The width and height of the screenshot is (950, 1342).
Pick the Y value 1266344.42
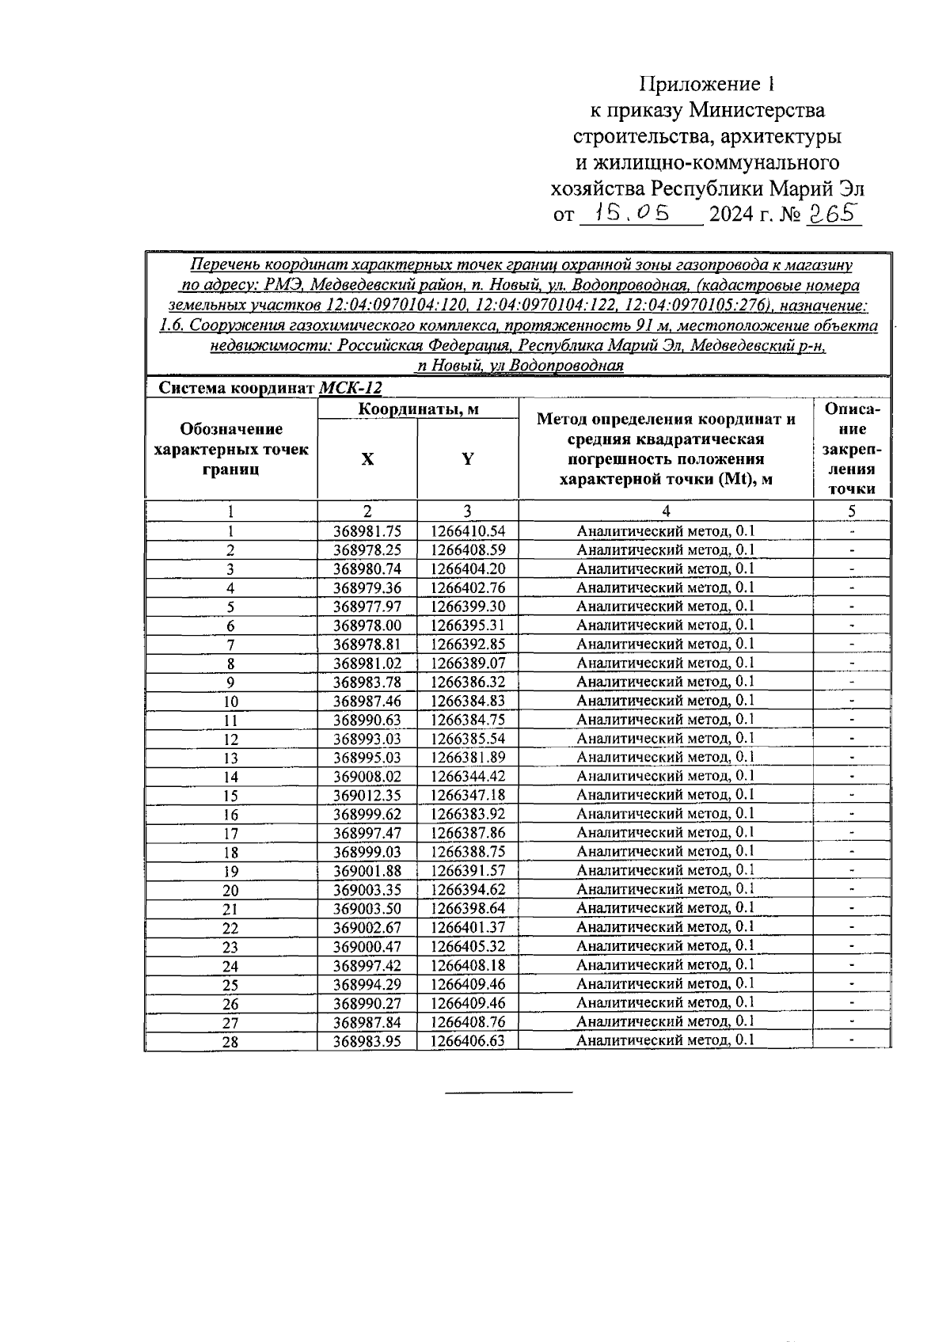[x=468, y=776]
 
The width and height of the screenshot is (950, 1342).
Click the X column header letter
[x=367, y=459]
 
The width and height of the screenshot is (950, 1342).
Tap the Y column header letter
[x=468, y=459]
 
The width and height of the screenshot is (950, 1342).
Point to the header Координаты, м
[x=419, y=409]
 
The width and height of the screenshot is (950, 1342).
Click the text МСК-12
[x=351, y=388]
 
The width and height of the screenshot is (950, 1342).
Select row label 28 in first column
[x=230, y=1042]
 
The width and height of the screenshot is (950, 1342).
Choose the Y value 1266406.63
[x=468, y=1040]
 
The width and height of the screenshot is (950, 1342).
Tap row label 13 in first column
[x=230, y=758]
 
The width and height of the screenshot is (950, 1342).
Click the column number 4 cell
[x=666, y=511]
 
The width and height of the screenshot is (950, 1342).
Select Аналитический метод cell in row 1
[x=666, y=531]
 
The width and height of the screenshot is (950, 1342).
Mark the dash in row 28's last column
[x=852, y=1040]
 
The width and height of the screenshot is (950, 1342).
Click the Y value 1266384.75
[x=468, y=720]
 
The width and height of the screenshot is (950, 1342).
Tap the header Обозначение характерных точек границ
[x=230, y=449]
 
